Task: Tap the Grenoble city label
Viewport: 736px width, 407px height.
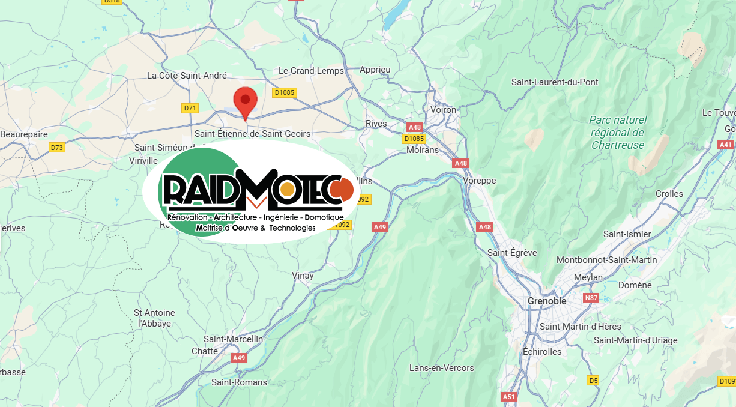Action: [x=547, y=301]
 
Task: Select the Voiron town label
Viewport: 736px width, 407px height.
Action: [x=444, y=110]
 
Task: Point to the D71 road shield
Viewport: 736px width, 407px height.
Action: [x=190, y=108]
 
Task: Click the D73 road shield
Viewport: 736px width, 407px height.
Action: [x=57, y=147]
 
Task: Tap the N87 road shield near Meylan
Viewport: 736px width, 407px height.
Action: [x=591, y=298]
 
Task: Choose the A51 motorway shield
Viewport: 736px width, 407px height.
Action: [x=508, y=397]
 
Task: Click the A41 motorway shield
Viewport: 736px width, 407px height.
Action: [x=726, y=145]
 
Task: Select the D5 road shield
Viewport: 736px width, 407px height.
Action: [x=593, y=380]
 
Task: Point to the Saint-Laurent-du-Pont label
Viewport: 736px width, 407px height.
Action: [x=555, y=82]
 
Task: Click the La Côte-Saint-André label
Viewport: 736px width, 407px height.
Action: [x=187, y=76]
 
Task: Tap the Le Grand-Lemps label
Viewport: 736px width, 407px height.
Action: [x=311, y=71]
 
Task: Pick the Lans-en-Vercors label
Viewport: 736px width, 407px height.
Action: [x=441, y=367]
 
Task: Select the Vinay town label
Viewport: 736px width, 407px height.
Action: [x=303, y=276]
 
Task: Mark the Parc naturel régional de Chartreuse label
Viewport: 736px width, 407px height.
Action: [x=617, y=132]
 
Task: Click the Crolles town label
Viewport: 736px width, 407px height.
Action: [x=669, y=194]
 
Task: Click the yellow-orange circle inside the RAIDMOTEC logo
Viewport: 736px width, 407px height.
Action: [x=288, y=190]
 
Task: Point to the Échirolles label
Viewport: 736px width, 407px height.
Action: [x=542, y=352]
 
